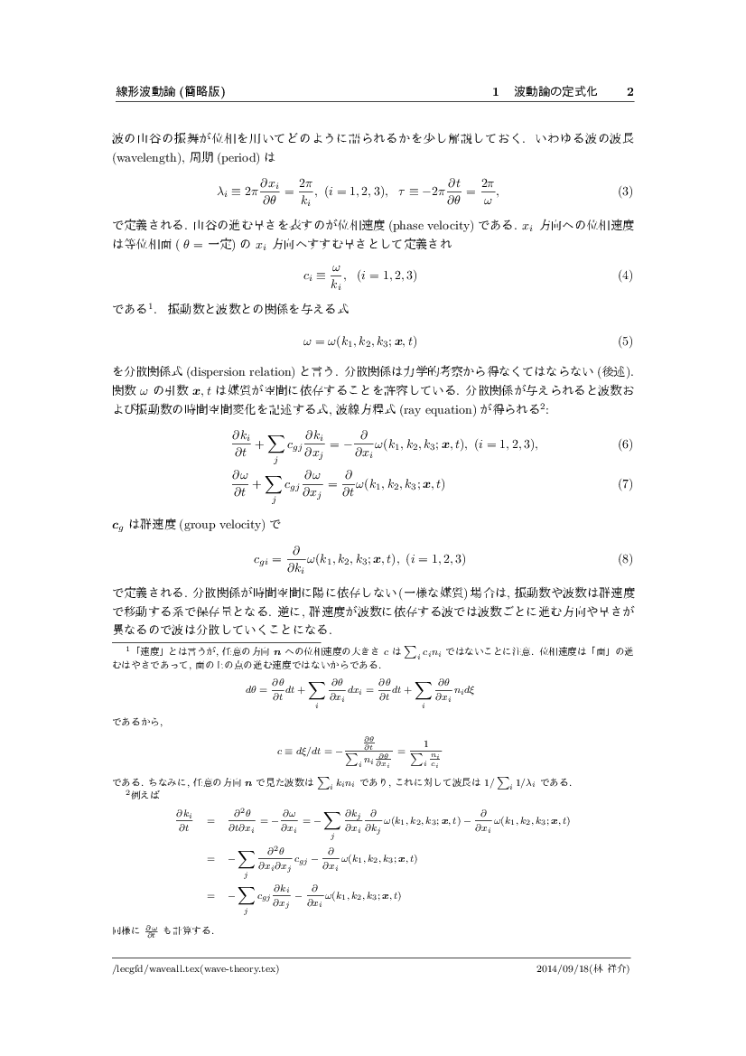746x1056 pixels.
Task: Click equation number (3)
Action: (624, 192)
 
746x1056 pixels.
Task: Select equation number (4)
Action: (624, 276)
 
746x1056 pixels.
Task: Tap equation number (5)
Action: (624, 341)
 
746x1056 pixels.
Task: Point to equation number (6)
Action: (624, 444)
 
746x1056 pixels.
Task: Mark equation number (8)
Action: (624, 559)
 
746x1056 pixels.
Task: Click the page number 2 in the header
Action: (630, 92)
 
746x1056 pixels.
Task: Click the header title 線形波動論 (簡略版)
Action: (163, 92)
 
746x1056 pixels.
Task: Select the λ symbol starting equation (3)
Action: (222, 192)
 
